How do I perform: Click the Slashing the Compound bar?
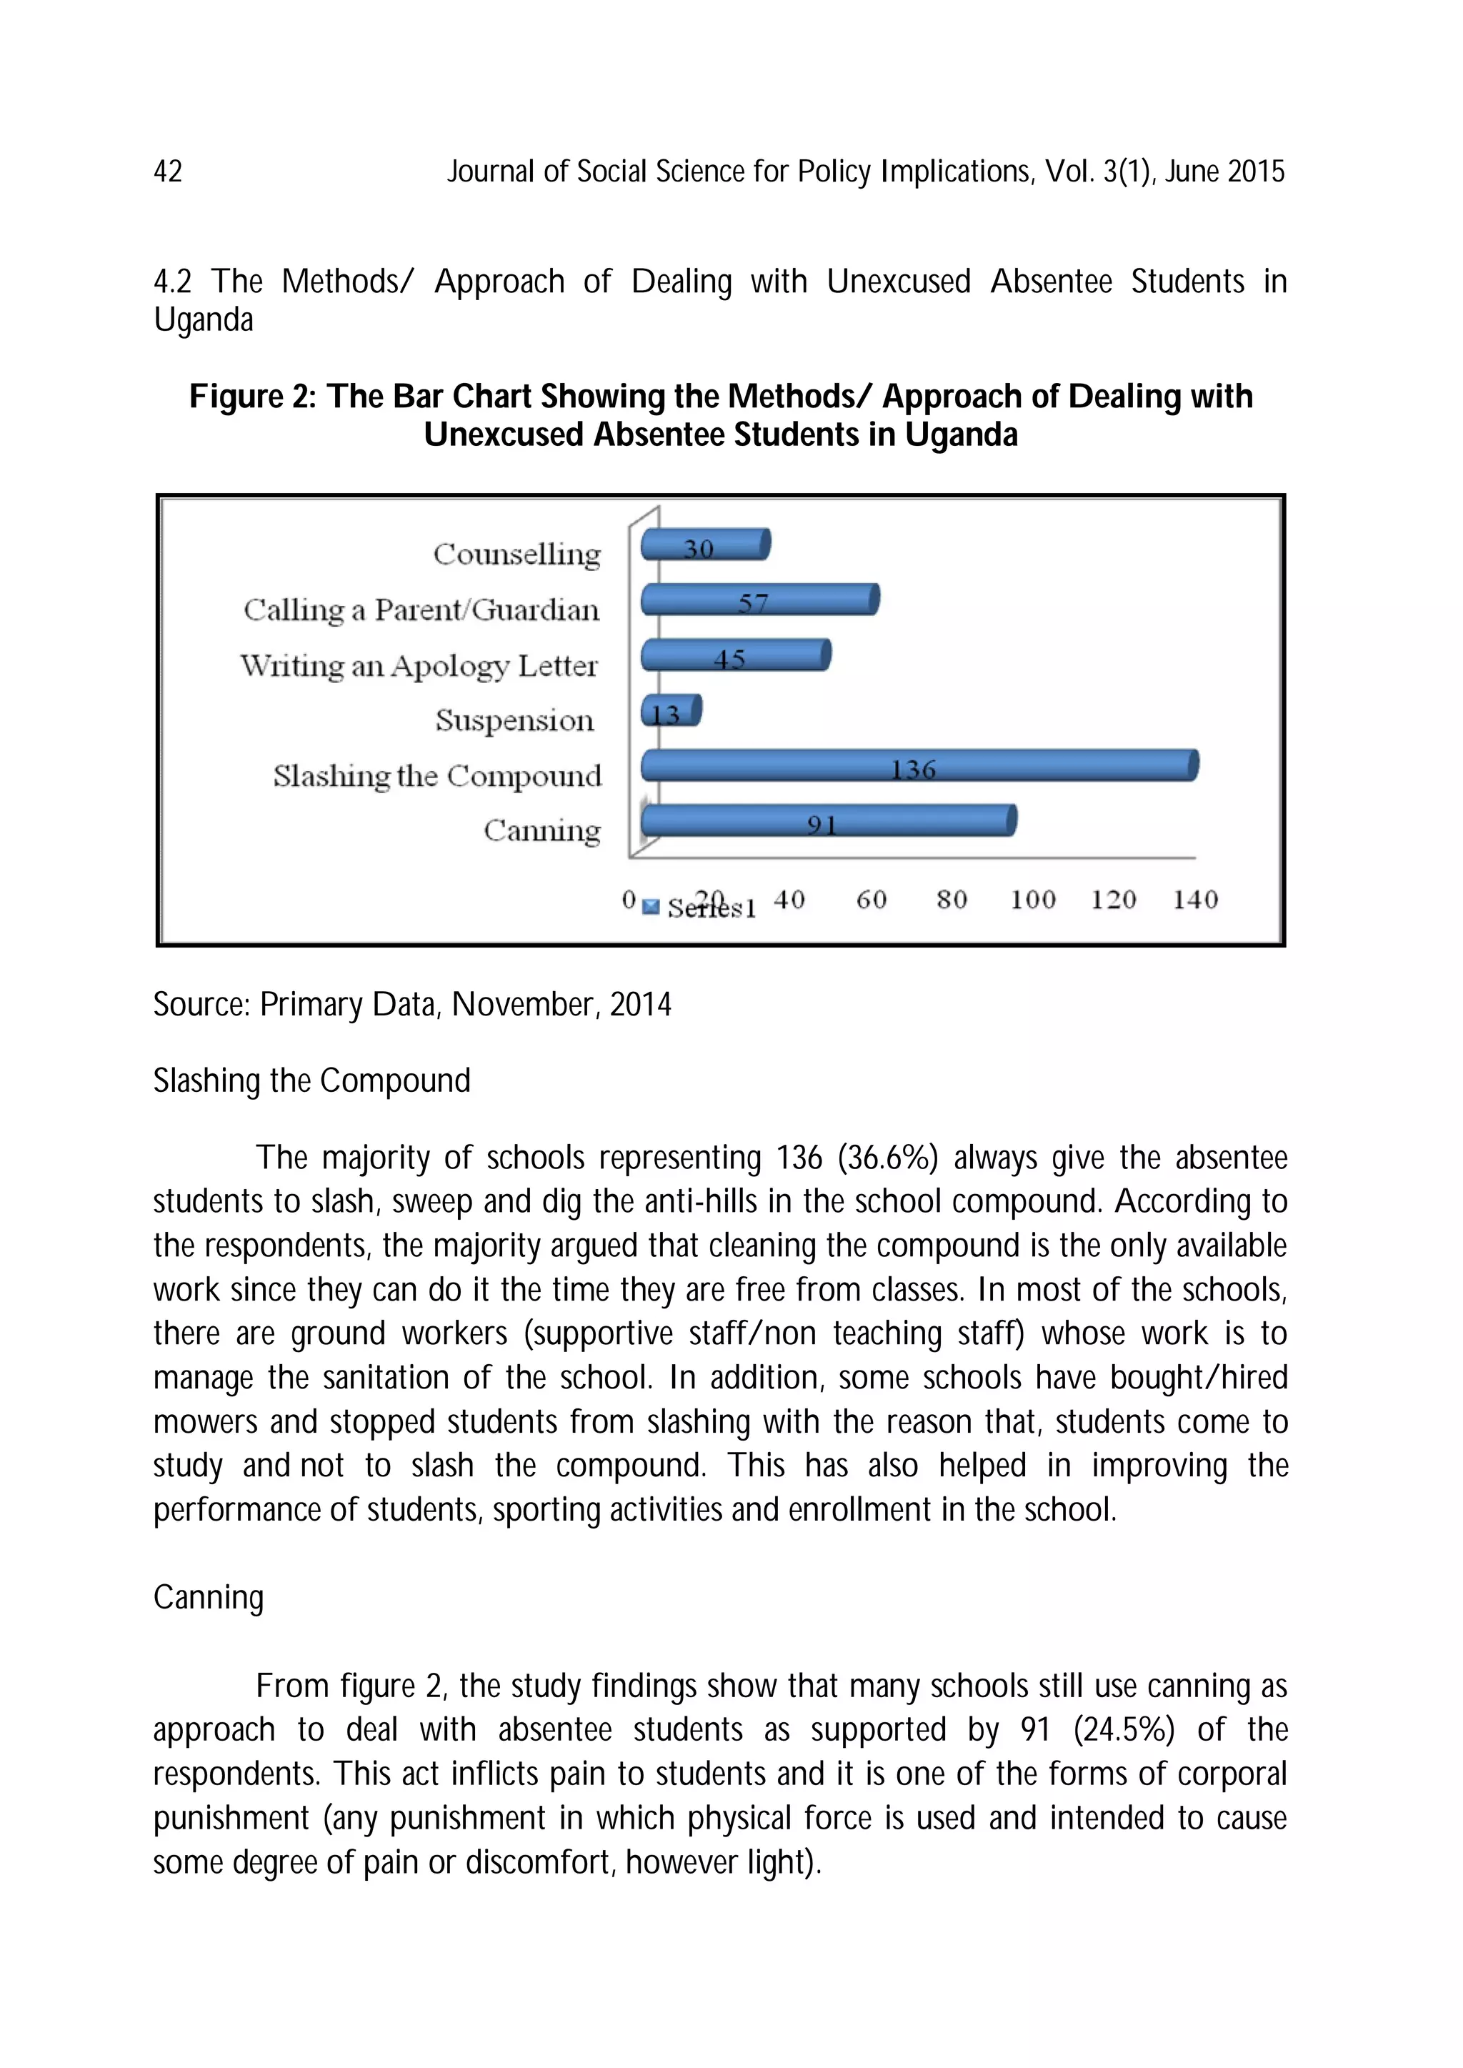click(919, 765)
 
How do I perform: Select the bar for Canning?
click(828, 821)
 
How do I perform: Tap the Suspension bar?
click(671, 711)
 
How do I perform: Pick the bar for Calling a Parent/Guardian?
click(759, 600)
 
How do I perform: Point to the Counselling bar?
click(705, 545)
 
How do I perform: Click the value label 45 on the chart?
click(729, 660)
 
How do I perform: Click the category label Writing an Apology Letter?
click(419, 666)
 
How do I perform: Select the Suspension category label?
click(514, 721)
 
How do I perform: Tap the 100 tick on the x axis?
click(1032, 899)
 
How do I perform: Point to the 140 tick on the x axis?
click(1194, 899)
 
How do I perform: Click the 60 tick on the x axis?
click(871, 899)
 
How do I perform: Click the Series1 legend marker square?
click(651, 907)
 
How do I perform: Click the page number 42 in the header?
click(168, 171)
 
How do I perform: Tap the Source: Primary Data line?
click(411, 1004)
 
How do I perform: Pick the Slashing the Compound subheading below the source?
click(311, 1080)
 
